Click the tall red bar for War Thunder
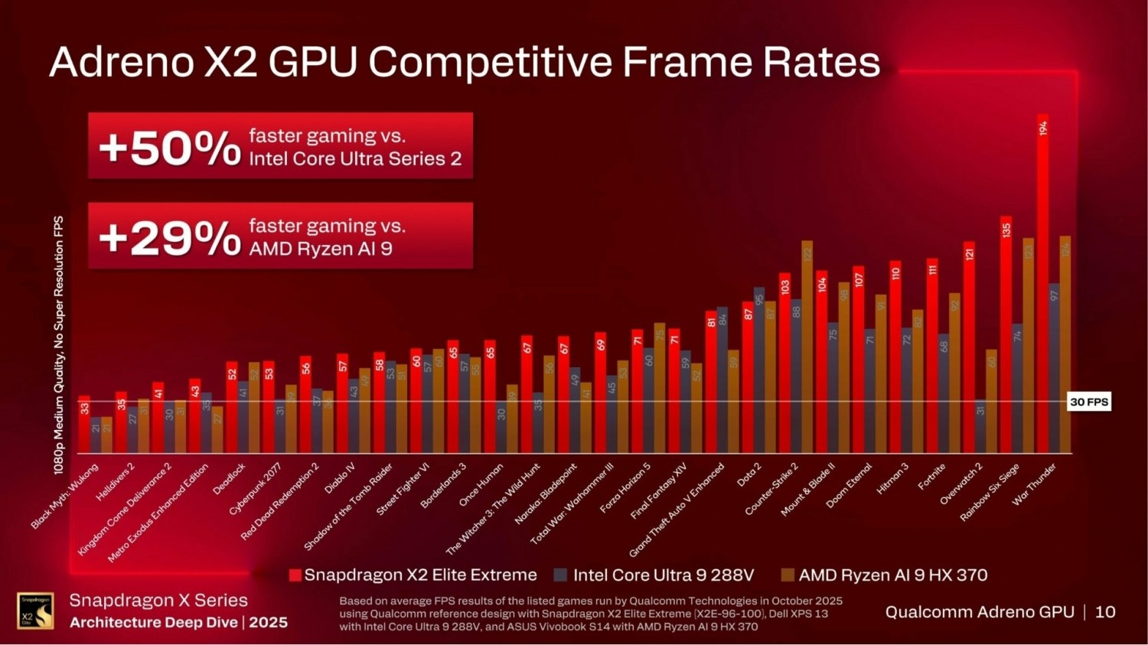coord(1042,291)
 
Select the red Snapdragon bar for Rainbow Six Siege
coord(1006,337)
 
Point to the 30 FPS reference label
coord(1088,402)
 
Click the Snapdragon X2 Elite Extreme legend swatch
coord(295,575)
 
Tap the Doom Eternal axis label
coord(850,486)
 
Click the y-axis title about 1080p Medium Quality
coord(59,344)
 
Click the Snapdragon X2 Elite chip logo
coord(35,611)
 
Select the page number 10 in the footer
coord(1105,612)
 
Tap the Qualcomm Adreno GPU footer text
coord(980,612)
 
